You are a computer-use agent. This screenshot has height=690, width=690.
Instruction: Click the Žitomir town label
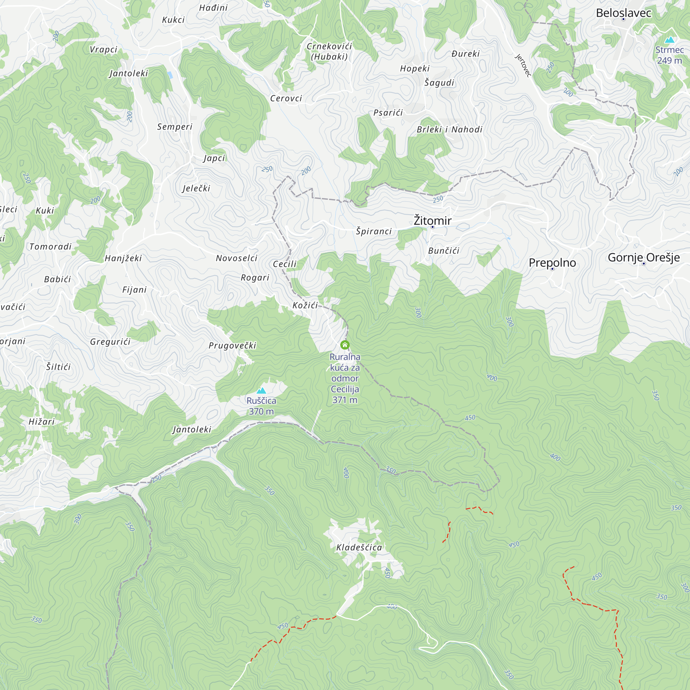432,220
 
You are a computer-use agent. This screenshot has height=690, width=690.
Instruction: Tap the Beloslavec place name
623,13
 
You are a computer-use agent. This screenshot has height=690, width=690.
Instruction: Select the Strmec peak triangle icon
670,40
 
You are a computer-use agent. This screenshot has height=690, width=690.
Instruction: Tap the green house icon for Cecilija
345,345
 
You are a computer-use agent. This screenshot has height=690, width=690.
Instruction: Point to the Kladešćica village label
359,548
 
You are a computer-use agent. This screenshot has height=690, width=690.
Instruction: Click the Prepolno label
552,263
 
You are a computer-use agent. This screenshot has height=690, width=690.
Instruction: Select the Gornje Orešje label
643,257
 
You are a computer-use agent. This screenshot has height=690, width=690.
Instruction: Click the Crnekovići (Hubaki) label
329,51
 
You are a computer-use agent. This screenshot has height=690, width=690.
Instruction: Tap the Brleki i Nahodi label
449,129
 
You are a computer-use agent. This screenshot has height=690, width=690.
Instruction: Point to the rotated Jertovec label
523,65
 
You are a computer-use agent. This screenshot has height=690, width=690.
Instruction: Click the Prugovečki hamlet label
233,345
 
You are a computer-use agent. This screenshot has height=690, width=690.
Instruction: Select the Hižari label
42,422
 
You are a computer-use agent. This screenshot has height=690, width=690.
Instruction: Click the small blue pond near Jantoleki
170,75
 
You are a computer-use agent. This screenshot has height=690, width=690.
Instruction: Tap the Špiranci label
374,231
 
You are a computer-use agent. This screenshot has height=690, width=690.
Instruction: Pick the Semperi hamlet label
175,127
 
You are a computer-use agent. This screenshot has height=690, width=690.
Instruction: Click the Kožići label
305,305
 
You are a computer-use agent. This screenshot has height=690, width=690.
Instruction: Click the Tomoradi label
50,246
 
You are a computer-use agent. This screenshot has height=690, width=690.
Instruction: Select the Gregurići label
110,342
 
